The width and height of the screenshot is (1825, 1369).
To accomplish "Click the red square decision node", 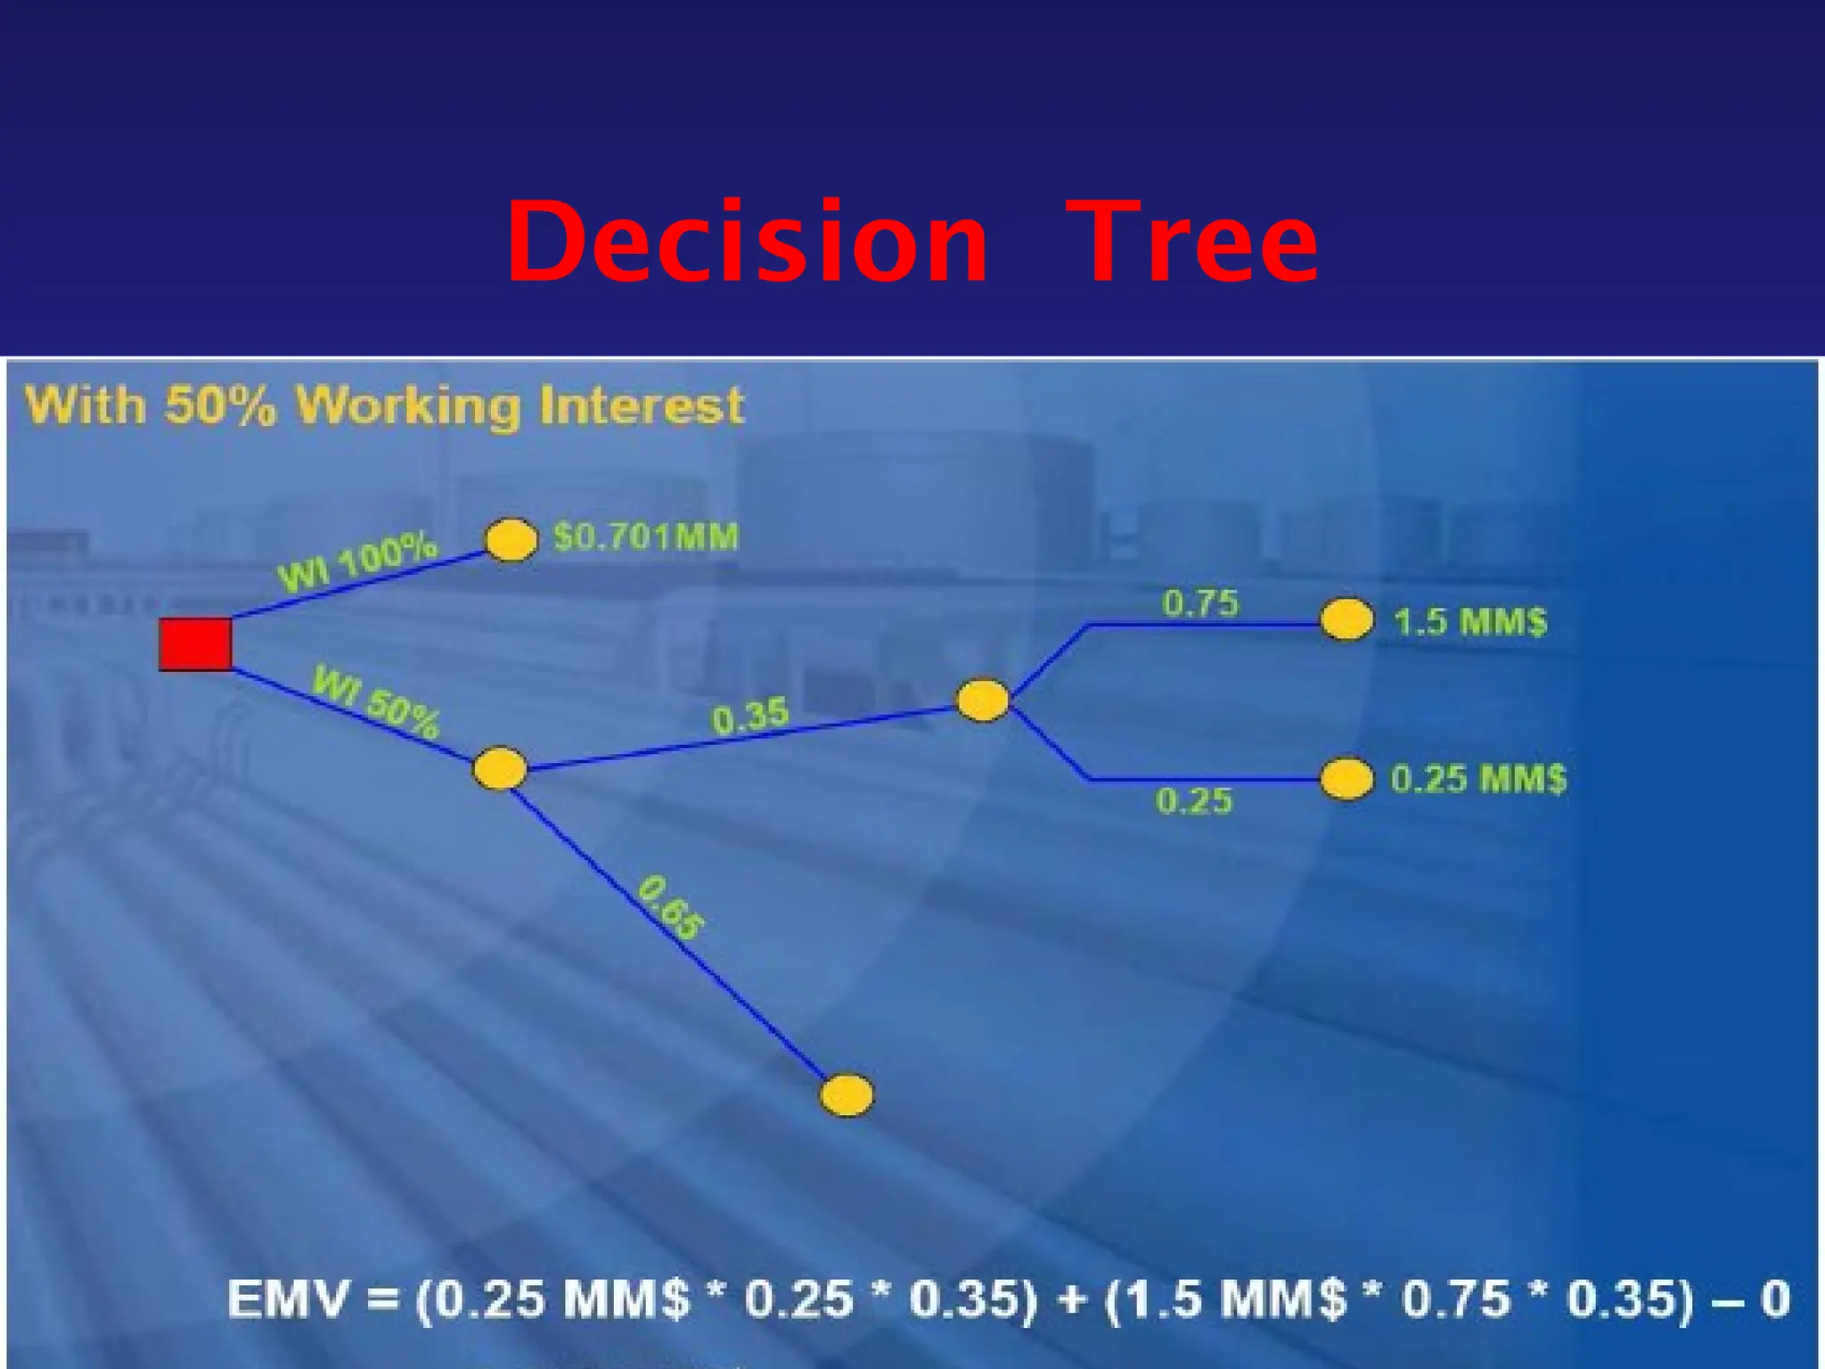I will (x=195, y=644).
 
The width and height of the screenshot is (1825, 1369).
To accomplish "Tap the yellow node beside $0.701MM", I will (x=511, y=540).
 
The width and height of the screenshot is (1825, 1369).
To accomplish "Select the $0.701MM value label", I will (x=646, y=537).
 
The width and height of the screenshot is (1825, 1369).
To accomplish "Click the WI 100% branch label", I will (x=358, y=562).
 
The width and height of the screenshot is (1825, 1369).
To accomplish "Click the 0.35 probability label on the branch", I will (x=750, y=716).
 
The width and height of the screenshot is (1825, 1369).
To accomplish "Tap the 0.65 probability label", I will (x=671, y=907).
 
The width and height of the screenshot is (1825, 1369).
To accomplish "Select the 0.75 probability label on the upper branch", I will (x=1200, y=603).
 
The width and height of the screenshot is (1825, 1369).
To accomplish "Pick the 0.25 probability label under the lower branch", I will (x=1194, y=801).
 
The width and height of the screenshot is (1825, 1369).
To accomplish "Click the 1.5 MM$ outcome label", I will (x=1470, y=621).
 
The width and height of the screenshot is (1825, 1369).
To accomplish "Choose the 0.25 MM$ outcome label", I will (x=1478, y=779).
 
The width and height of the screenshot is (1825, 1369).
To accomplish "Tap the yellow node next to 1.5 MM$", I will (x=1346, y=619).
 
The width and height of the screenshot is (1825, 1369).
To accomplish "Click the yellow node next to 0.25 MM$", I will (x=1346, y=779).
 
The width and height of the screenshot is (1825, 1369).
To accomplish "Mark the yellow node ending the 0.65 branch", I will (x=847, y=1095).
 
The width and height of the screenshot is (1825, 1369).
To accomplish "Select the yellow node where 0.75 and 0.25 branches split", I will (x=982, y=701).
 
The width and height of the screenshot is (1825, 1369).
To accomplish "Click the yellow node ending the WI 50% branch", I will (x=500, y=769).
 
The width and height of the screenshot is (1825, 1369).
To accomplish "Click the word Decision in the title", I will (x=747, y=242).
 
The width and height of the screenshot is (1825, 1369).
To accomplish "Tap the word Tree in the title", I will (x=1191, y=242).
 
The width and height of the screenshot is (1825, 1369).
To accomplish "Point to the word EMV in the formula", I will (x=287, y=1299).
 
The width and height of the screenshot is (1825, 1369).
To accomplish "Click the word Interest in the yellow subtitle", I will (x=642, y=406).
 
